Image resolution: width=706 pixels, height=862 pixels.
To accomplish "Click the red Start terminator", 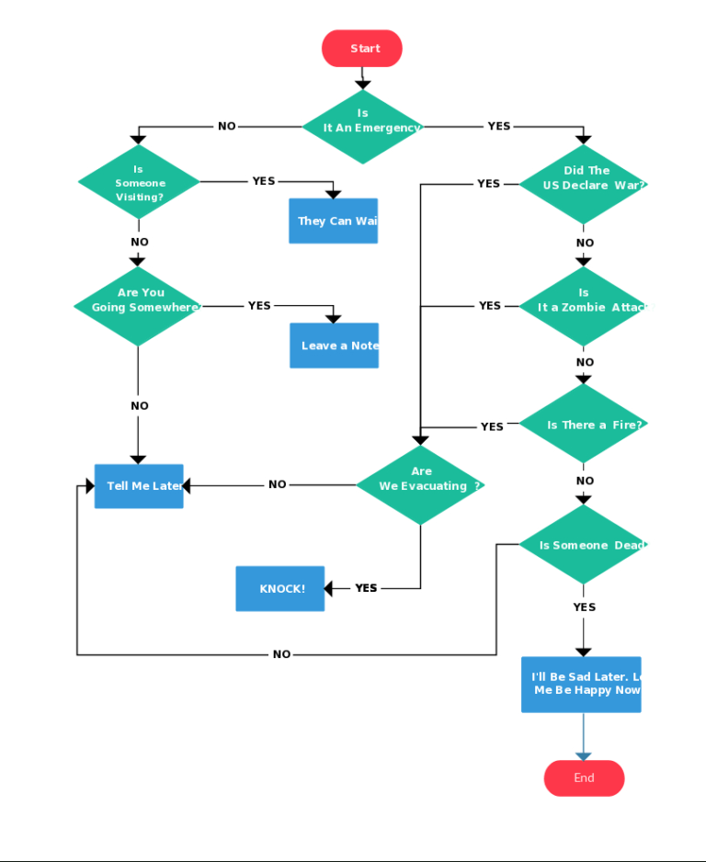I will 362,49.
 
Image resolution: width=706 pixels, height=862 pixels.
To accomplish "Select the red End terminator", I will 584,778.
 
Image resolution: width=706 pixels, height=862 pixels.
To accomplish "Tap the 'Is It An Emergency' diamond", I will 363,127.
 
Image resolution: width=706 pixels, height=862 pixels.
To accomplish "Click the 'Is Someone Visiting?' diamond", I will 139,182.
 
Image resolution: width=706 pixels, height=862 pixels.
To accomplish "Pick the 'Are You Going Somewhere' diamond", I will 139,306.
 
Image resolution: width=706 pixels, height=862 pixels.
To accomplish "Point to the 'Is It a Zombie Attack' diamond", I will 583,306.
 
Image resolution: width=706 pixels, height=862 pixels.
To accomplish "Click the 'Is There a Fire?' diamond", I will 583,425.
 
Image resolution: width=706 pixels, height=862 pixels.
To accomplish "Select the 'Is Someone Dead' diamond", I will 583,545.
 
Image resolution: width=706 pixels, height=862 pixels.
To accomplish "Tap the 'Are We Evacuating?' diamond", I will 421,484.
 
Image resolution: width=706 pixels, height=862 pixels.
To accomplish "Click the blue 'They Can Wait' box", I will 333,221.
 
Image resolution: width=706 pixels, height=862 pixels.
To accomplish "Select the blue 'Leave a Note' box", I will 334,346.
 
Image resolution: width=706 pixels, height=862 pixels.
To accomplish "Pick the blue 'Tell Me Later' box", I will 139,486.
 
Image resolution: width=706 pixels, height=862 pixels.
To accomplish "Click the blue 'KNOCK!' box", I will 280,588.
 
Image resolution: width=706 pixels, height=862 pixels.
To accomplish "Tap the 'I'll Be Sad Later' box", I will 581,684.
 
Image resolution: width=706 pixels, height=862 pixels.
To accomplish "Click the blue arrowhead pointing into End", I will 583,755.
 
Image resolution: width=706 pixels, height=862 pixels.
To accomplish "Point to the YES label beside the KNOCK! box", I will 366,588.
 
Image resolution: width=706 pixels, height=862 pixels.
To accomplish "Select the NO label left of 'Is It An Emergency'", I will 226,127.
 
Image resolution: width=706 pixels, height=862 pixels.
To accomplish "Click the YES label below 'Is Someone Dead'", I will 584,607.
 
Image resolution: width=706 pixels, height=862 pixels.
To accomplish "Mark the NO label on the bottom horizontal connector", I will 281,654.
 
